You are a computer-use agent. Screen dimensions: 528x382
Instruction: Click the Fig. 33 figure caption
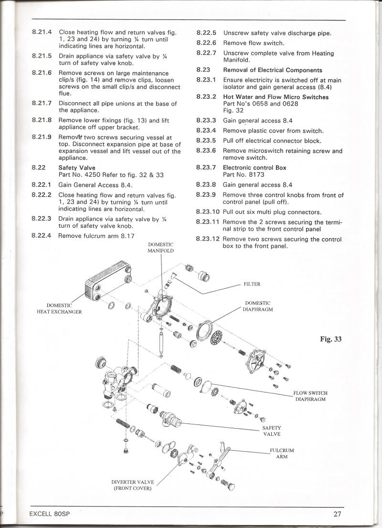coord(331,340)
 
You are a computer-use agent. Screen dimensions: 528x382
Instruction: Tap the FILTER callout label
coord(253,284)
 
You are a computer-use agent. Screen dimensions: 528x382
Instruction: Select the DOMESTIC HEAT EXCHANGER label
coord(59,308)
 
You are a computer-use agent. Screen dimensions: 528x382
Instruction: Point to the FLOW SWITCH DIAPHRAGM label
coord(310,396)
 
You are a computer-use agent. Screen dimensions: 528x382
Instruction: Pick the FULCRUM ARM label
coord(282,453)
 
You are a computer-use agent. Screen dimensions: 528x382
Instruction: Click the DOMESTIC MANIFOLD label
coord(160,247)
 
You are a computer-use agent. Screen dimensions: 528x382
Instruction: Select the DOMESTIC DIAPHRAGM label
coord(258,306)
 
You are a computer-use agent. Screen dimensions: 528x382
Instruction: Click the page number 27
coord(338,514)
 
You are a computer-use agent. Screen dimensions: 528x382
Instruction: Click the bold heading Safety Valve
coord(76,168)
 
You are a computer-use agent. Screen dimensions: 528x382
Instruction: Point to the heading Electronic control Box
coord(261,168)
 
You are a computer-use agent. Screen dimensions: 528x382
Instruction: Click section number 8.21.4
coord(42,32)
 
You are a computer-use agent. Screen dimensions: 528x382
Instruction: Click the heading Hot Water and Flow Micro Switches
coord(276,97)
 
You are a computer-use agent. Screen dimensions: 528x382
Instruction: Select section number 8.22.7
coord(206,53)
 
